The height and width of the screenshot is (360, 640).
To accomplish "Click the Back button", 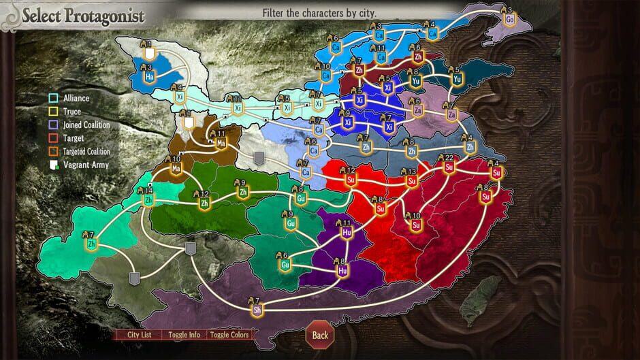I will click(320, 334).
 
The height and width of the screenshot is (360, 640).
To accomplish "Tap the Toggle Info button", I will click(184, 334).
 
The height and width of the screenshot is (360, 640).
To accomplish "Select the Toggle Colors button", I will click(230, 334).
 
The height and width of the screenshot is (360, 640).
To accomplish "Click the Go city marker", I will click(510, 20).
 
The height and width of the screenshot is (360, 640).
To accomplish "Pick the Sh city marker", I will click(257, 310).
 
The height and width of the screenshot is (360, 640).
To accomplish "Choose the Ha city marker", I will click(149, 76).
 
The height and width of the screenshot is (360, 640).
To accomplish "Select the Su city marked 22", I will click(449, 167).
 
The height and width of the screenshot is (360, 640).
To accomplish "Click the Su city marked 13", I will click(411, 181).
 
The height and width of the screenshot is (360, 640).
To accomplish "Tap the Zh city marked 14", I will click(148, 200).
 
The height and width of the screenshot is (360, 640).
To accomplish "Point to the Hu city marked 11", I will click(347, 232).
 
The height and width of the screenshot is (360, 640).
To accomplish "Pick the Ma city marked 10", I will click(176, 168).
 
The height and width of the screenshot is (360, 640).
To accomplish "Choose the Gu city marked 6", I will click(285, 265).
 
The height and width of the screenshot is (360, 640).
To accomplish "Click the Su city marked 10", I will click(416, 225).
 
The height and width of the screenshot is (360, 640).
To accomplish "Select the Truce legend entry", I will click(71, 112).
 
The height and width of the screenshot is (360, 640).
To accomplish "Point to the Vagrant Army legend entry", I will click(84, 165).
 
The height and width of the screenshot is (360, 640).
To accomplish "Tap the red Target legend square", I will click(53, 138).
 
